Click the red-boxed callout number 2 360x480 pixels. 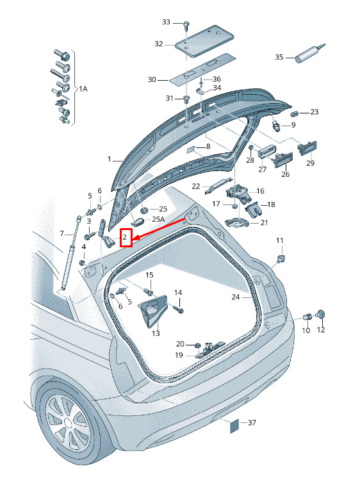point(125,237)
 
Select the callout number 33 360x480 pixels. point(166,22)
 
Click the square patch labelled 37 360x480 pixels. point(236,426)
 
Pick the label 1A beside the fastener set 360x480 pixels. point(83,89)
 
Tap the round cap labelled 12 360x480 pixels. point(321,315)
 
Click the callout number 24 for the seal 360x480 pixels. point(236,297)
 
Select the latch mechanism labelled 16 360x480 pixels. point(238,194)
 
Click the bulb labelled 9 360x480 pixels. point(276,125)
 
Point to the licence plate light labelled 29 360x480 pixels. point(307,148)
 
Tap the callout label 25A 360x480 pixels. point(158,219)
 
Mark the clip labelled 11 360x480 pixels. point(281,258)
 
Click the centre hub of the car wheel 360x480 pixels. point(69,424)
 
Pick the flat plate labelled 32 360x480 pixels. point(204,42)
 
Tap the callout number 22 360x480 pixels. point(196,186)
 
